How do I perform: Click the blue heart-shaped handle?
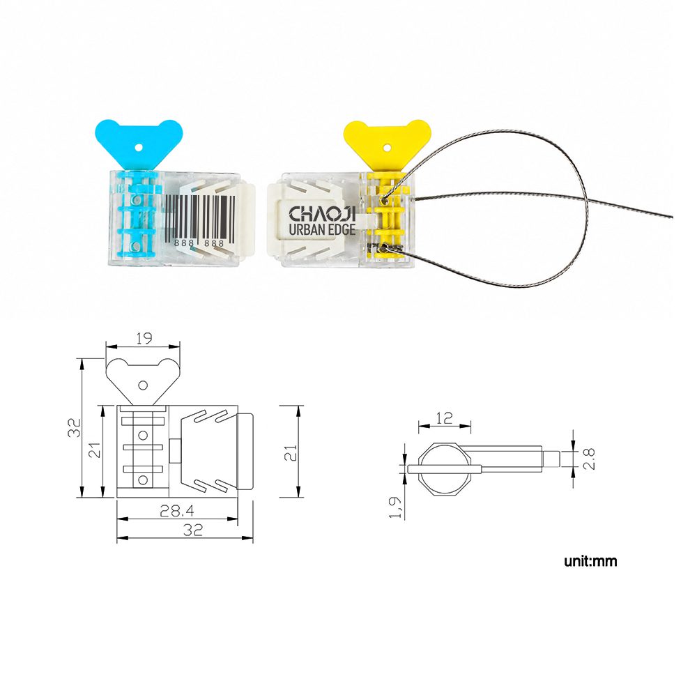[x=139, y=142]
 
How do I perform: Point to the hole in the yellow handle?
[x=387, y=146]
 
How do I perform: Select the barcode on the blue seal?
[x=201, y=217]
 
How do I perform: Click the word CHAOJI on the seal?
[x=322, y=214]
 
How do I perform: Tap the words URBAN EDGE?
[x=322, y=230]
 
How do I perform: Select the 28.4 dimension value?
[x=176, y=511]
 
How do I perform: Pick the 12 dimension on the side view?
[x=444, y=418]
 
